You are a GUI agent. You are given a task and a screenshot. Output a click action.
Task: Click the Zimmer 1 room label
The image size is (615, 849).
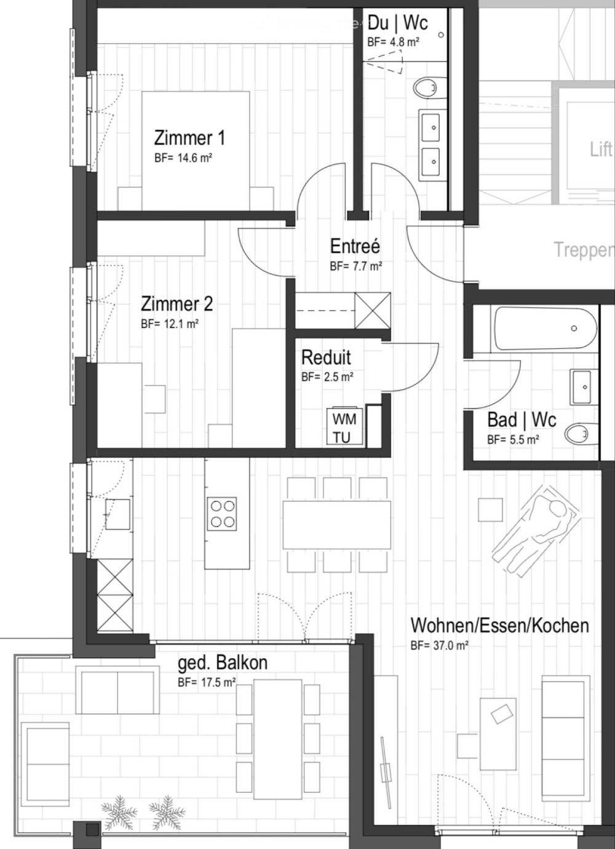pyautogui.click(x=189, y=137)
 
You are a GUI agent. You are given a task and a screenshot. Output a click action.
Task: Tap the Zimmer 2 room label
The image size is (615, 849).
pyautogui.click(x=177, y=304)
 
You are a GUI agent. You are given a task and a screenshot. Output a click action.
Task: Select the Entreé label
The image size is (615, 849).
pyautogui.click(x=355, y=246)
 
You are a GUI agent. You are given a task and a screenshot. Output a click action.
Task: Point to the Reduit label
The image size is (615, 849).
pyautogui.click(x=326, y=357)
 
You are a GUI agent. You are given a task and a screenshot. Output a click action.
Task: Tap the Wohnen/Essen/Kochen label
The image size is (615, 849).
pyautogui.click(x=499, y=626)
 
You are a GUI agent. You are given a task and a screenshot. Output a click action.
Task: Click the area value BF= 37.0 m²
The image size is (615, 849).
pyautogui.click(x=439, y=645)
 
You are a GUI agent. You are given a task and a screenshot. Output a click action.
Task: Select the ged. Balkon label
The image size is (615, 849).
pyautogui.click(x=223, y=663)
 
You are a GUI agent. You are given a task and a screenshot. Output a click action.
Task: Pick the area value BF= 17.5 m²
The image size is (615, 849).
pyautogui.click(x=207, y=682)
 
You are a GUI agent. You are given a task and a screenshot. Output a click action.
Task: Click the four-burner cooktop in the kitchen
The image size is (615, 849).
pyautogui.click(x=223, y=514)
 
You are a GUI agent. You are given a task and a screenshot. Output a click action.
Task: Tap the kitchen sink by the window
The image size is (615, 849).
pyautogui.click(x=117, y=514)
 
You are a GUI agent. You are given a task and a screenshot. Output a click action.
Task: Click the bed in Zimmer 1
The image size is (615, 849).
pyautogui.click(x=196, y=151)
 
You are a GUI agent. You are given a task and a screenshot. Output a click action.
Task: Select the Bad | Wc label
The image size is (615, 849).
pyautogui.click(x=522, y=421)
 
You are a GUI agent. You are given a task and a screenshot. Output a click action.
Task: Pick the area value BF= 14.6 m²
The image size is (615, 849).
pyautogui.click(x=183, y=157)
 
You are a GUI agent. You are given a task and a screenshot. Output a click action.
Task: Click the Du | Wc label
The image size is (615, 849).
pyautogui.click(x=397, y=24)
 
